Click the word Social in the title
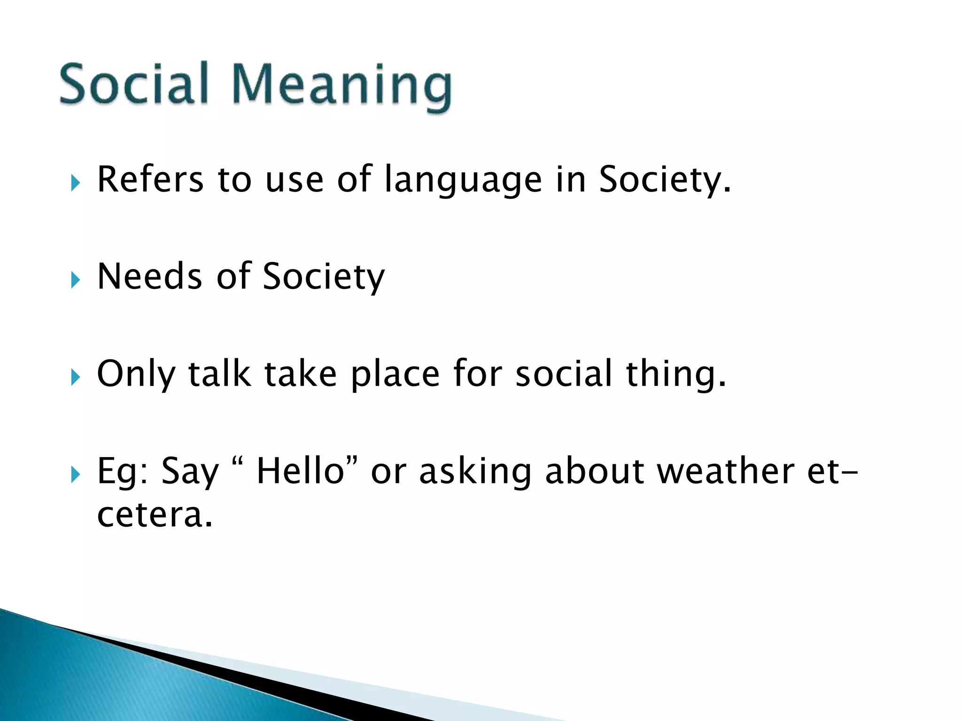(x=133, y=84)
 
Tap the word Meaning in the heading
(x=342, y=87)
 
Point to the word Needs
(x=149, y=276)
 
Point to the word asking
(x=474, y=472)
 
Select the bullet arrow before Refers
(x=75, y=183)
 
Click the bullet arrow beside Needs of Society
(x=75, y=280)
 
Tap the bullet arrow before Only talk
(x=75, y=377)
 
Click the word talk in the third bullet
(x=219, y=374)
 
